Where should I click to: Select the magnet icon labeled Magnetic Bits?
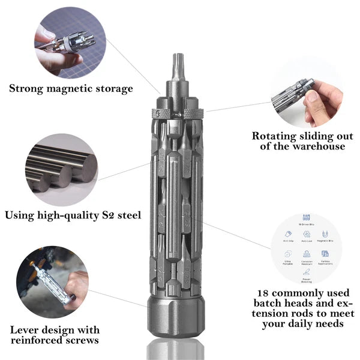325,234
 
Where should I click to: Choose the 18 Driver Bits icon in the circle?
307,220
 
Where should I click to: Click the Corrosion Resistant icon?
307,254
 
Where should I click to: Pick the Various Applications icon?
325,254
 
